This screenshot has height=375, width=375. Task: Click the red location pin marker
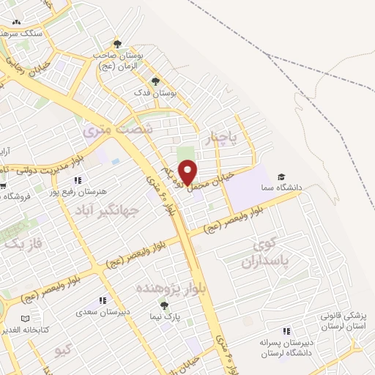tap(188, 172)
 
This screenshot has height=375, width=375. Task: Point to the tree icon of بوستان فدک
tap(154, 80)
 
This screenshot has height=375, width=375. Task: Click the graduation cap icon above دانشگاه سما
tap(281, 177)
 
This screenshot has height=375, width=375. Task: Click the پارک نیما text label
tap(169, 316)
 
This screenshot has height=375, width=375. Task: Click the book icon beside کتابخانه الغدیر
tap(25, 319)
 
